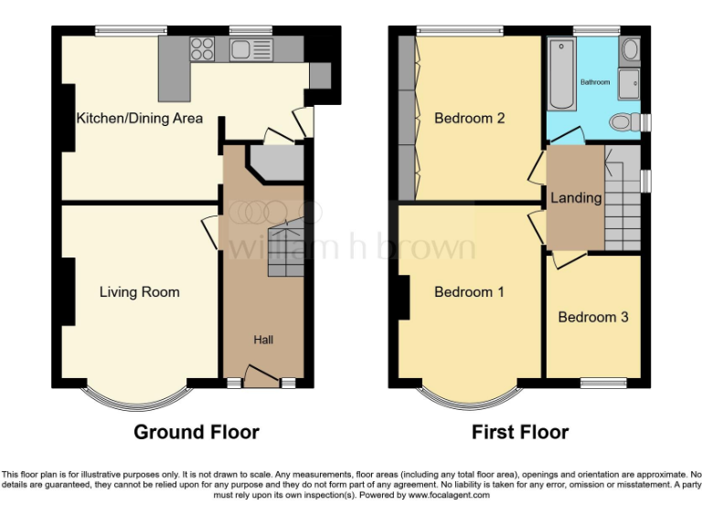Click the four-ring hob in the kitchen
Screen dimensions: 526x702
[203, 49]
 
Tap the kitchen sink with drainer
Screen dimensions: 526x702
[251, 49]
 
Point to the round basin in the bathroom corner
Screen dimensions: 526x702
[629, 50]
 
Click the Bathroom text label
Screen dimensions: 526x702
[595, 82]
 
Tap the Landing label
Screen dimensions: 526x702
[576, 198]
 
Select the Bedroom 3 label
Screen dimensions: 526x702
[592, 318]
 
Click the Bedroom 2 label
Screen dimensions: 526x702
[470, 118]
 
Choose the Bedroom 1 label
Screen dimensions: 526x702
[469, 292]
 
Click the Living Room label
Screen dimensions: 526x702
[140, 292]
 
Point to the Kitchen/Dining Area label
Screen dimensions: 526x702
[140, 118]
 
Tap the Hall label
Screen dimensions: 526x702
[263, 340]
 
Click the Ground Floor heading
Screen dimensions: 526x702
[197, 432]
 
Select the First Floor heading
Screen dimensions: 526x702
[520, 432]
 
